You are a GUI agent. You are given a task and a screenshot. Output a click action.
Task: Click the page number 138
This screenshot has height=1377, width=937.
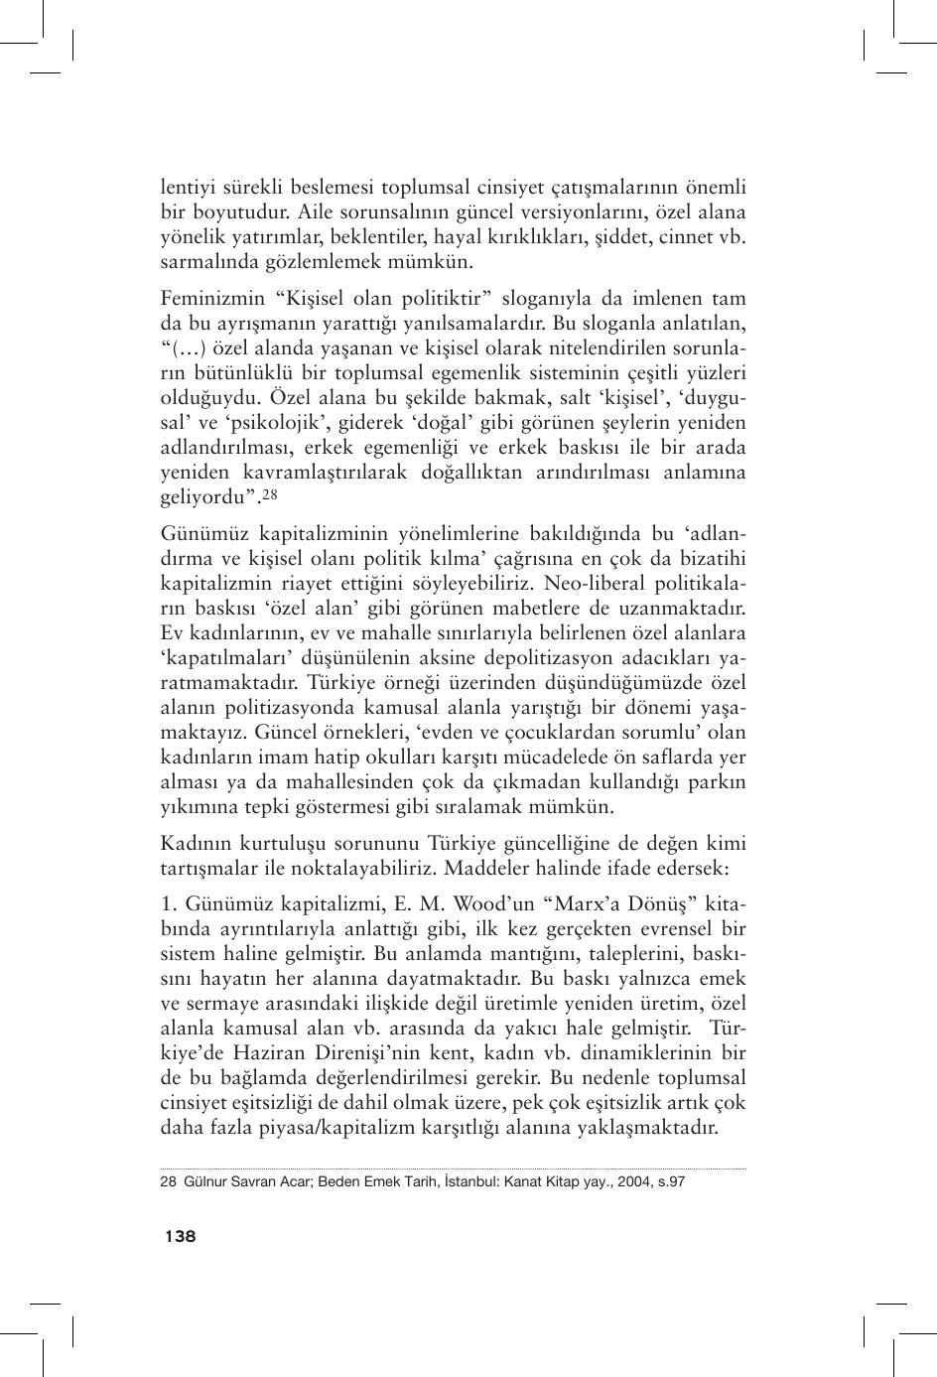pos(180,1236)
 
